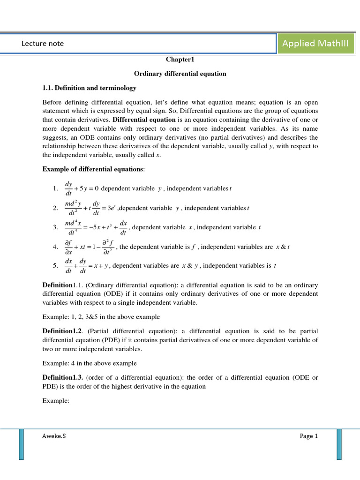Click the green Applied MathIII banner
tap(315, 44)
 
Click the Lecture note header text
tap(43, 44)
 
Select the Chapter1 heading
tap(180, 60)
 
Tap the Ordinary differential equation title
tap(180, 74)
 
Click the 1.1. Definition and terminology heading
tap(89, 88)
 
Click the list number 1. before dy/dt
tap(55, 189)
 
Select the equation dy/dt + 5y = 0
tap(82, 188)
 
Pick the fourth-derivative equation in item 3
tap(96, 227)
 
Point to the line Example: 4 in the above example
tap(90, 363)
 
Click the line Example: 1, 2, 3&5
tap(101, 317)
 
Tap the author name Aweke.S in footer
tap(54, 436)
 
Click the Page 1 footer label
tap(309, 436)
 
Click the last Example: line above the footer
tap(56, 401)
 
